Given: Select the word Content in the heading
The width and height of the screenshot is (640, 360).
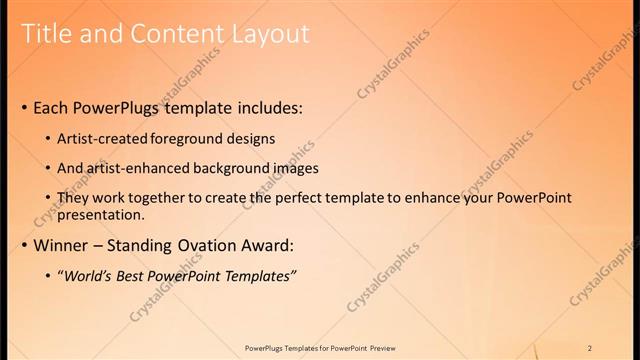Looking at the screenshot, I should click(x=176, y=34).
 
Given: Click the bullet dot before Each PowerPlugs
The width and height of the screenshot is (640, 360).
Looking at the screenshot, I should click(x=24, y=108).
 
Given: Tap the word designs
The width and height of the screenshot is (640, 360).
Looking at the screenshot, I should click(x=254, y=139).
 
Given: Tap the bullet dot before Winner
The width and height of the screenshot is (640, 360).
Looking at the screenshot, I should click(x=24, y=246).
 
